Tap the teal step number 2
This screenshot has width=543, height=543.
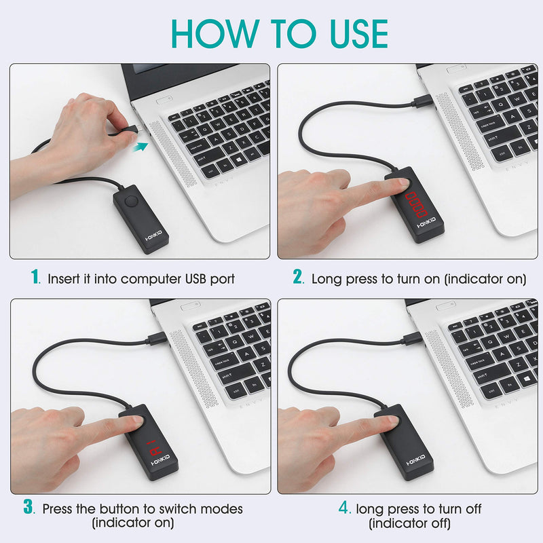click(x=297, y=278)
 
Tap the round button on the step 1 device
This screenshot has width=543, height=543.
click(x=130, y=201)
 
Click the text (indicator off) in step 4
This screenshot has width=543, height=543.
click(x=409, y=523)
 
